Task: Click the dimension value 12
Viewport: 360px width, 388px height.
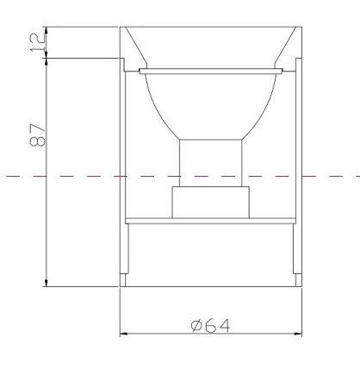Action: (38, 42)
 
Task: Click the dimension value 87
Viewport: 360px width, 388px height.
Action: (38, 135)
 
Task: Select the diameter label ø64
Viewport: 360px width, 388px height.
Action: (210, 326)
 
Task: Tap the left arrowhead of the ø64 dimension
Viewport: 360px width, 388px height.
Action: (123, 334)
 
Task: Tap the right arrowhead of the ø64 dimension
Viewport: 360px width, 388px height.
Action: (298, 334)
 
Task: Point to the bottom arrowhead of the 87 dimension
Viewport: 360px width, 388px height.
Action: (47, 283)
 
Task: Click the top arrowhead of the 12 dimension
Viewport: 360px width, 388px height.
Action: (47, 30)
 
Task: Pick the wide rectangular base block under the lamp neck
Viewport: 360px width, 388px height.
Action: (210, 203)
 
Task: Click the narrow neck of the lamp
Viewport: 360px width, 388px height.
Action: (210, 163)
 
